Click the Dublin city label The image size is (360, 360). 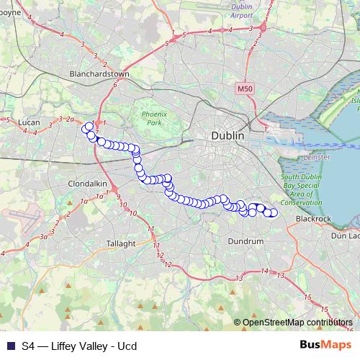(228, 135)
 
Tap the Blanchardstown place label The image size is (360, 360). (99, 73)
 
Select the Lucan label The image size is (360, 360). (29, 122)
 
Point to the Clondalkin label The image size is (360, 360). (87, 184)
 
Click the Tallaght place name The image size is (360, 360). (121, 243)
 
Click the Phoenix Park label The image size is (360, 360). (153, 119)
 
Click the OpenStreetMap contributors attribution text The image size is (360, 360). (297, 323)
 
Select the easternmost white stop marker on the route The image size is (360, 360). (273, 212)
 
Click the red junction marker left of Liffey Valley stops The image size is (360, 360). (97, 123)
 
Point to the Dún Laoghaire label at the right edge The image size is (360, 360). (345, 235)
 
